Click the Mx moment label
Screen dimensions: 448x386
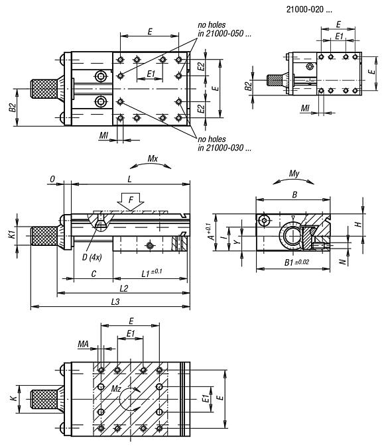[x=153, y=160]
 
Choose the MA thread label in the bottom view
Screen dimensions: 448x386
[x=83, y=343]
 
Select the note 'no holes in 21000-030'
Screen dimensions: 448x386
[x=223, y=144]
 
